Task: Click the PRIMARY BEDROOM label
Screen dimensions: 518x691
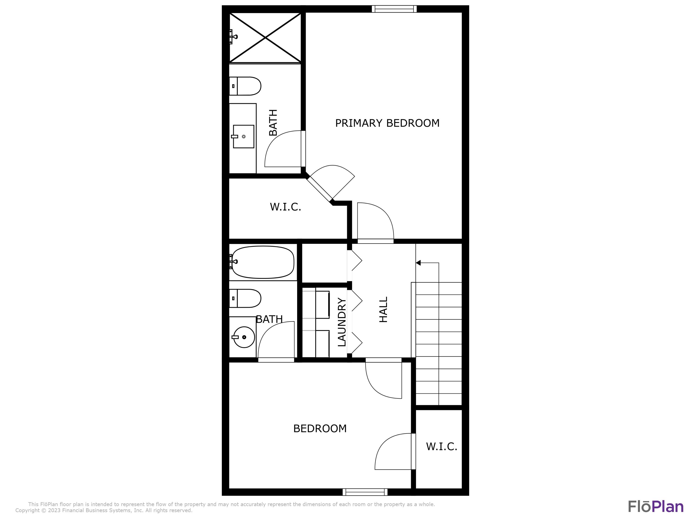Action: (387, 123)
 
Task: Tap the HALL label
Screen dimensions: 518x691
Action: (383, 309)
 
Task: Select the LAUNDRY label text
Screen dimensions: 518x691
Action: (342, 322)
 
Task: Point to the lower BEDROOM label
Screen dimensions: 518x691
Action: (320, 428)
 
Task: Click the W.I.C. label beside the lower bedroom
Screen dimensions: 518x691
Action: (441, 446)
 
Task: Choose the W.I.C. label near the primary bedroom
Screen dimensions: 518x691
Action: (285, 207)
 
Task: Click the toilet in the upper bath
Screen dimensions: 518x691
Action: (245, 86)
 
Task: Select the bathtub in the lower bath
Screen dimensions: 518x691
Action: (263, 262)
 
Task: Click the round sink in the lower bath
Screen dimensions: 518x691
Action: (244, 337)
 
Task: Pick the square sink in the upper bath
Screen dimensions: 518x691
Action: (244, 137)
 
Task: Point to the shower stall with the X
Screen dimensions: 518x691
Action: (265, 38)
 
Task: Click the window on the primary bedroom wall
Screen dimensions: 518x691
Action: (394, 9)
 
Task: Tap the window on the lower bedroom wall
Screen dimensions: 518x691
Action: (365, 492)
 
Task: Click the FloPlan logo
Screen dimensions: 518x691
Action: (656, 507)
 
